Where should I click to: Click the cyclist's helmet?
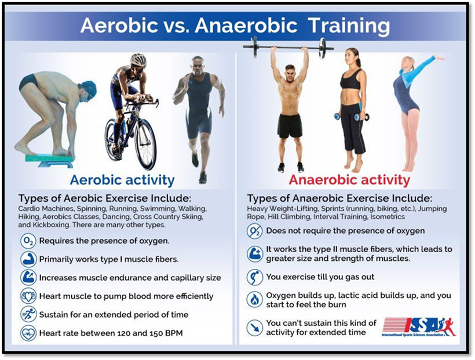click(138, 60)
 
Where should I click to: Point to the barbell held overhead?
click(288, 47)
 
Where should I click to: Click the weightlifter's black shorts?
click(290, 126)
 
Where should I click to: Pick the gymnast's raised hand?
click(439, 57)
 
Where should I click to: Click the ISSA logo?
click(419, 327)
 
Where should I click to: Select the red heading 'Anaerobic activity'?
click(349, 180)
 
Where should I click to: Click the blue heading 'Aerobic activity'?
click(122, 180)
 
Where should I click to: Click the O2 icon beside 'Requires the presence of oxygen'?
click(28, 241)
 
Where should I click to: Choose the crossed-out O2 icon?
click(255, 231)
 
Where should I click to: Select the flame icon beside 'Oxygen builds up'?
click(255, 300)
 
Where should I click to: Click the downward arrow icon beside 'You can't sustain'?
click(255, 328)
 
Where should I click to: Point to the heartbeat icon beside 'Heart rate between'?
click(28, 333)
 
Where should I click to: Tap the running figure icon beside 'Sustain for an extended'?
click(28, 315)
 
